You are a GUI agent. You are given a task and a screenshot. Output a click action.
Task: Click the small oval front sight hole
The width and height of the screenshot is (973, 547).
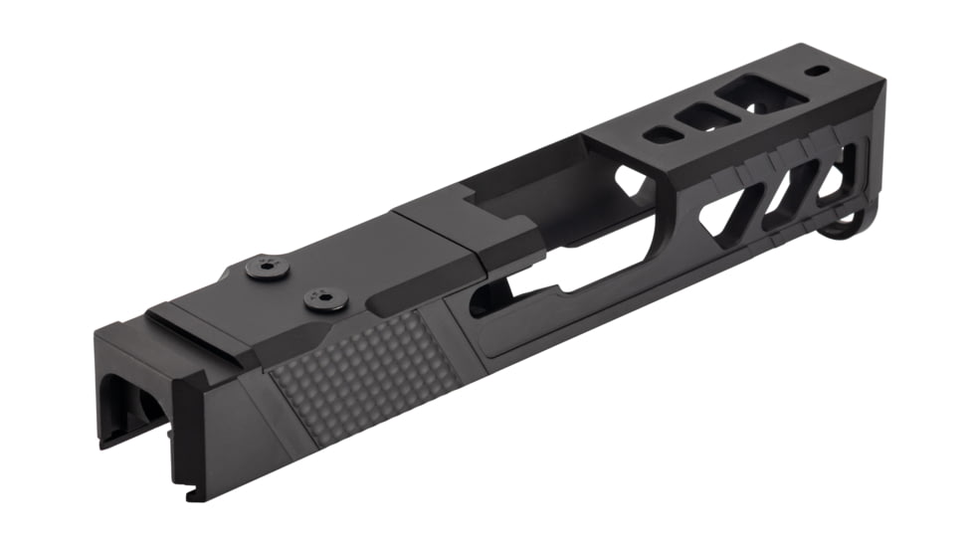click(x=817, y=71)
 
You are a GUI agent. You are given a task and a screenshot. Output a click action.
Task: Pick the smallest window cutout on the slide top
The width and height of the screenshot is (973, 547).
click(x=659, y=135)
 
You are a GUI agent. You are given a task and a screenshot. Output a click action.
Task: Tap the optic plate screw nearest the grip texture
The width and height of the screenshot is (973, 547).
click(x=325, y=297)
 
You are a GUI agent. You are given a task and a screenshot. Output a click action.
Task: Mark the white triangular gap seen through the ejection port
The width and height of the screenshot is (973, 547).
click(x=628, y=180)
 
